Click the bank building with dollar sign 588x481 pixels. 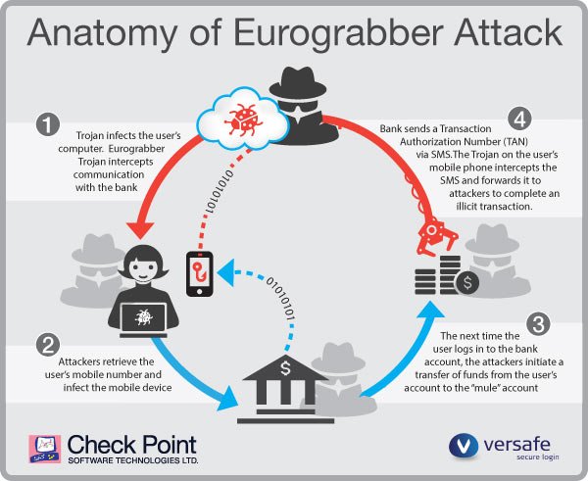click(x=284, y=384)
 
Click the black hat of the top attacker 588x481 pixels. click(x=293, y=79)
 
